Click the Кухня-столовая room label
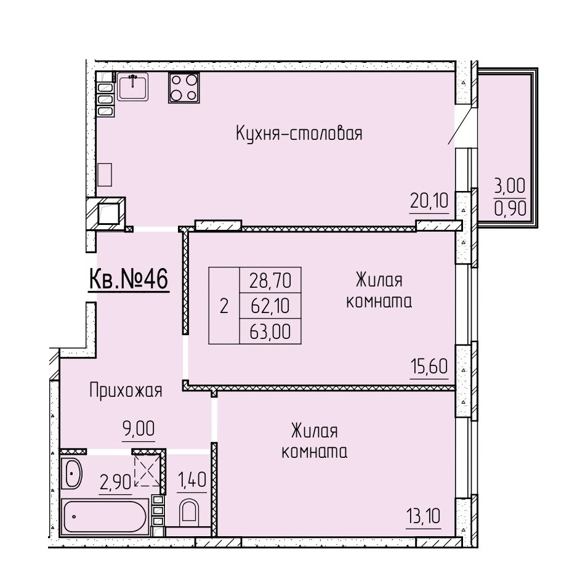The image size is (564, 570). [x=299, y=134]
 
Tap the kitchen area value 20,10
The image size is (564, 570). [x=429, y=201]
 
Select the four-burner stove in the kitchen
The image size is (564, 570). [x=183, y=88]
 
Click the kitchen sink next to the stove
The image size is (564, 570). [x=133, y=86]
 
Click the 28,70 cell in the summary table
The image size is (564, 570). [x=270, y=280]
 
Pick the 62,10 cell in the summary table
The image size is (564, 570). [x=270, y=306]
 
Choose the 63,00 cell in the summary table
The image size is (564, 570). [x=270, y=332]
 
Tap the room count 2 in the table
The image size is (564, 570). [x=224, y=306]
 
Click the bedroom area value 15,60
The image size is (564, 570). [x=429, y=366]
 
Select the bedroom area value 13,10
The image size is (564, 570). [x=424, y=516]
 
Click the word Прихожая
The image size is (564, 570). [x=126, y=391]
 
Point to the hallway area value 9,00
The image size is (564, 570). [x=139, y=429]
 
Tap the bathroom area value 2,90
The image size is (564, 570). [x=115, y=482]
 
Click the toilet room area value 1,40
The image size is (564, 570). [x=191, y=480]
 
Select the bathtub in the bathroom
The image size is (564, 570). [x=105, y=516]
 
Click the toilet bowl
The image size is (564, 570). [x=189, y=512]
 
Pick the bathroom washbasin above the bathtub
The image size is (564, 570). [x=71, y=473]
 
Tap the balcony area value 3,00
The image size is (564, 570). [x=510, y=187]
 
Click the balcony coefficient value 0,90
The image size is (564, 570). [x=510, y=209]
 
